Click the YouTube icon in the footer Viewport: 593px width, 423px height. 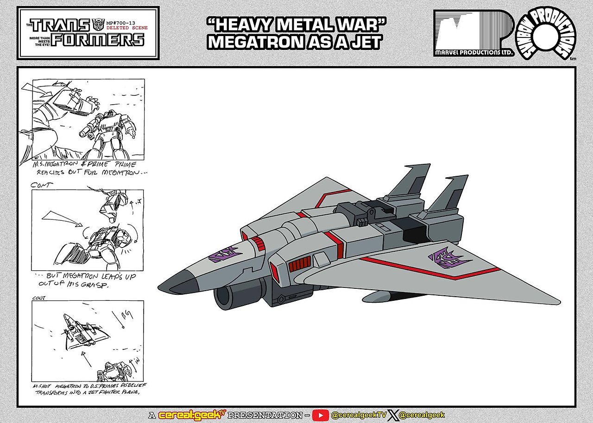pyautogui.click(x=320, y=415)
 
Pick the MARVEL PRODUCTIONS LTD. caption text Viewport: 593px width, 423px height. pyautogui.click(x=474, y=53)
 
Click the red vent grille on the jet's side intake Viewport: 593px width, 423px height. pyautogui.click(x=297, y=266)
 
